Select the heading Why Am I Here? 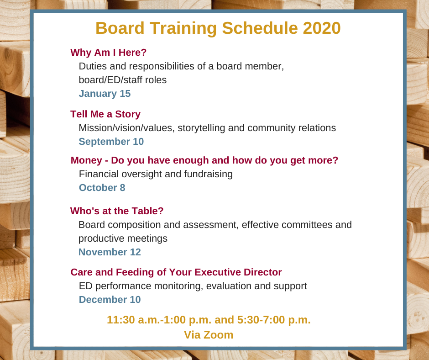click(108, 53)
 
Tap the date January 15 click(105, 94)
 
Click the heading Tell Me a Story click(105, 114)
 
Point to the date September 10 click(111, 142)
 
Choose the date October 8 click(102, 188)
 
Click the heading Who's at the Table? click(117, 211)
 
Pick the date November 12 click(110, 252)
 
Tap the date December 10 click(110, 300)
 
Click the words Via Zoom click(209, 335)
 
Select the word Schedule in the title click(260, 28)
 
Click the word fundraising click(208, 174)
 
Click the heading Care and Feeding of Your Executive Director click(176, 272)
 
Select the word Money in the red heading click(86, 160)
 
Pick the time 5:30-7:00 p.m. click(274, 320)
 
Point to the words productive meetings click(123, 238)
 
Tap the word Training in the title click(183, 28)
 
